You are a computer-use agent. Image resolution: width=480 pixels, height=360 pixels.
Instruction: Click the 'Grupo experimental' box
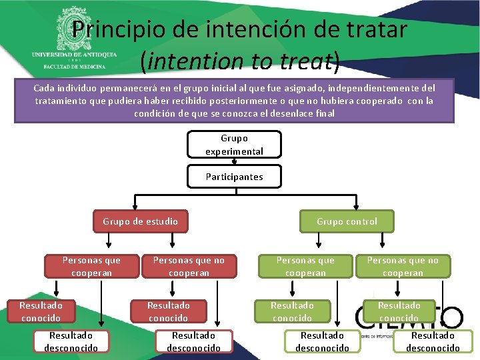[x=234, y=145]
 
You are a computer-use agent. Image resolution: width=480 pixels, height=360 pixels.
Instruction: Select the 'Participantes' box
[x=234, y=177]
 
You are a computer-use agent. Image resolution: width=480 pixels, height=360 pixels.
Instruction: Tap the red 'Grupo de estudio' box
[x=141, y=221]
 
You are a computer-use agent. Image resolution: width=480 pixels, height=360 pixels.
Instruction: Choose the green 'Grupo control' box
[x=347, y=221]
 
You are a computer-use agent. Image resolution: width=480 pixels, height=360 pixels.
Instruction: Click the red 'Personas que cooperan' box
[x=91, y=266]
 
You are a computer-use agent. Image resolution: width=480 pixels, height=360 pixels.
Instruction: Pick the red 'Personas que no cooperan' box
[x=189, y=266]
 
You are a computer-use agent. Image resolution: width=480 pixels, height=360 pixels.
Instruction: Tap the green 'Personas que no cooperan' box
[x=403, y=266]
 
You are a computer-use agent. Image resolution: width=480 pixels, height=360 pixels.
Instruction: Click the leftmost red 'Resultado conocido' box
[x=41, y=311]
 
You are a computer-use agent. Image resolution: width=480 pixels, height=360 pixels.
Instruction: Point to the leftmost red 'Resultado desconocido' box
[x=71, y=341]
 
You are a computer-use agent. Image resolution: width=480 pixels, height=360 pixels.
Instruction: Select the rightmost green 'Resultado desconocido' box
[x=433, y=341]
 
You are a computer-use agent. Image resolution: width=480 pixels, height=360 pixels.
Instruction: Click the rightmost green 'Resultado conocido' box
[x=399, y=311]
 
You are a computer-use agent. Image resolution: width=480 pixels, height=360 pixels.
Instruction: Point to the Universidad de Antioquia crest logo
[x=73, y=27]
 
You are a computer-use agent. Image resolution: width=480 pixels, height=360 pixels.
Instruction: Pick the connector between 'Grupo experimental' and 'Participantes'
[x=234, y=161]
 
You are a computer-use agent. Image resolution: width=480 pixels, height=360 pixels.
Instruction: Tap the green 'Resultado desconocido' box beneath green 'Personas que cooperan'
[x=322, y=341]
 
